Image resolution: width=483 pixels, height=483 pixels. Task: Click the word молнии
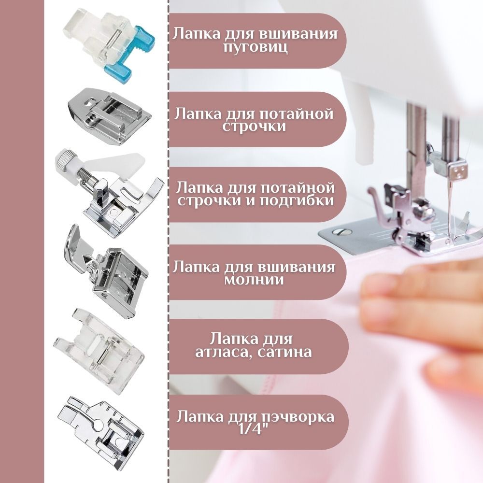[254, 280]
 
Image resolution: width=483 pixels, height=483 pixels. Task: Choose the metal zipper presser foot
[106, 271]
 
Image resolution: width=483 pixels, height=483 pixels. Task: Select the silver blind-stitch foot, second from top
[110, 116]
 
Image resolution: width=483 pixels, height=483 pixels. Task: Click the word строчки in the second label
[254, 127]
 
